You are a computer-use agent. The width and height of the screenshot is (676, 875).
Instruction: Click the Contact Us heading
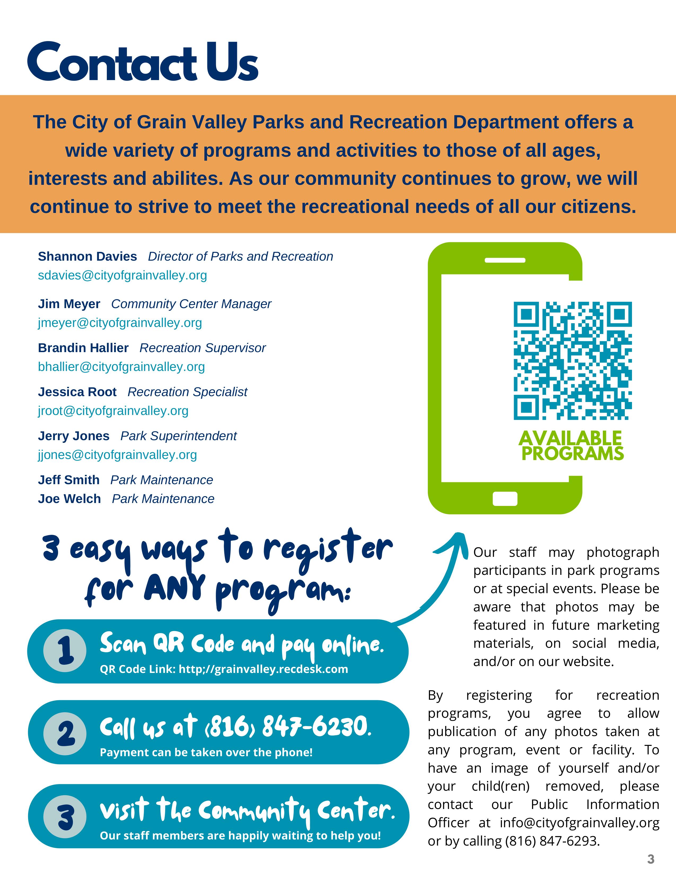143,62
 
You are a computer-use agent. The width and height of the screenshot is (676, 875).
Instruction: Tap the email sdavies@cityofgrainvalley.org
122,275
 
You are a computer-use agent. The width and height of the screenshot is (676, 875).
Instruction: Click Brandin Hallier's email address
121,367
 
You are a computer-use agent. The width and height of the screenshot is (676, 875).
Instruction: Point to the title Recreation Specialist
187,392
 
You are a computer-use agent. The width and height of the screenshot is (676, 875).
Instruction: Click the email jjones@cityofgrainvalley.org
117,455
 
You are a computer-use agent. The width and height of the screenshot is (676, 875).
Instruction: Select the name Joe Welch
69,499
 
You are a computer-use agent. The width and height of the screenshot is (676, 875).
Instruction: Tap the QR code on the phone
573,361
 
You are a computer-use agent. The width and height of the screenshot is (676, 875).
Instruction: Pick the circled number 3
65,817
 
